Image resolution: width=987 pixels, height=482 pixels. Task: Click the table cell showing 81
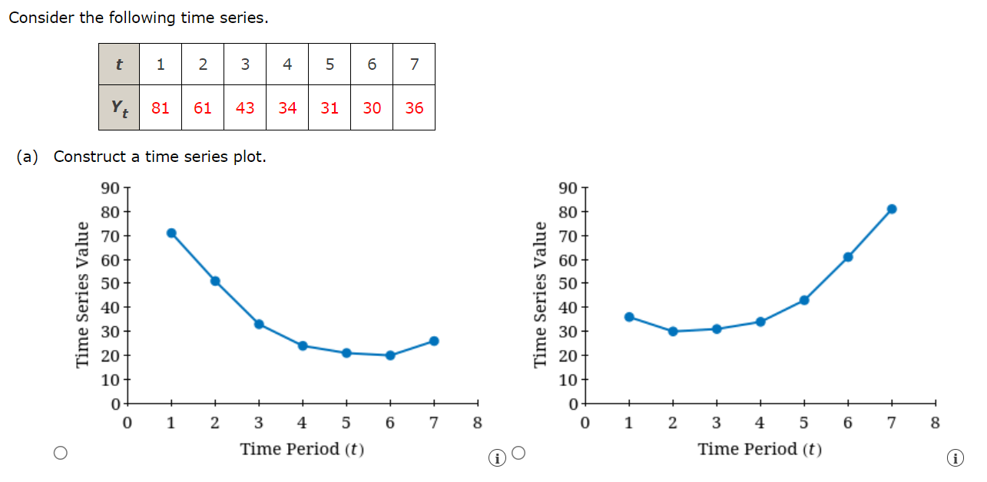161,108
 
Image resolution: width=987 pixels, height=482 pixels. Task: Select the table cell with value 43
245,108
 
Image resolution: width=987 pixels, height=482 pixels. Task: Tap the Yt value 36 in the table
414,108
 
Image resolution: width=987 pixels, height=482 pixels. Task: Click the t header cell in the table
119,64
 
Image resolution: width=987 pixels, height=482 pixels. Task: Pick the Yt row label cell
119,108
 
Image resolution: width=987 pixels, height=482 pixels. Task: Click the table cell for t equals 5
330,64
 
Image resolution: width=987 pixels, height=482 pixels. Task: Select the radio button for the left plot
61,454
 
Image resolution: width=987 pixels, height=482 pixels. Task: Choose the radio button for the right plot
518,453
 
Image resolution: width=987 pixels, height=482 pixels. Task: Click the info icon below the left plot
498,458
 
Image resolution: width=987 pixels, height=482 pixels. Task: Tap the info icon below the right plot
956,458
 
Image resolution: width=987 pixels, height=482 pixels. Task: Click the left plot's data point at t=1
171,233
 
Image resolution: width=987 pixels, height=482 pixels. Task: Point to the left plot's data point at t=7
434,341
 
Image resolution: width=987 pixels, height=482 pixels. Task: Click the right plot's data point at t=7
892,209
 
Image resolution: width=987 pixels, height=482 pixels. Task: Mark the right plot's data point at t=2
673,332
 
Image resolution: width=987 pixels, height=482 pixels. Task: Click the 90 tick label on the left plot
109,188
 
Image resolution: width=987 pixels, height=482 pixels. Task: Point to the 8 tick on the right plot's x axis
935,422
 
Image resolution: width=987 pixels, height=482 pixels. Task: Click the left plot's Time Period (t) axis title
302,449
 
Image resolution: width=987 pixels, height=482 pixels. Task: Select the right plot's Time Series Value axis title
542,295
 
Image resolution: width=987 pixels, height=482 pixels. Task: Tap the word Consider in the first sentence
41,18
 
